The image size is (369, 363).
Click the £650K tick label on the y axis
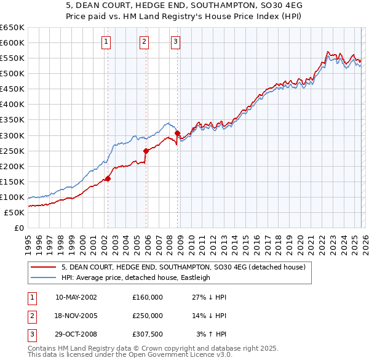point(12,28)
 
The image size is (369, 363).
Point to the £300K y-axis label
point(12,135)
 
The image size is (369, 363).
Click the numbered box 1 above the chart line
point(106,42)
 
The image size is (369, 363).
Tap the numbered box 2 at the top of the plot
point(144,42)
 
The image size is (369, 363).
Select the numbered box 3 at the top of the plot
point(176,42)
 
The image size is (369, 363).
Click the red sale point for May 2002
point(108,178)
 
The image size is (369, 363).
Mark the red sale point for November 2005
point(146,151)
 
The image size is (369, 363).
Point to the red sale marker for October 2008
point(178,133)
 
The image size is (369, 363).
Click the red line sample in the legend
point(43,267)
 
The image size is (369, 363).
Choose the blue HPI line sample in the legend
point(43,277)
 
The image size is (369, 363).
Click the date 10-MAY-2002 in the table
point(76,297)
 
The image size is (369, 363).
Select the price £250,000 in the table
point(148,315)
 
